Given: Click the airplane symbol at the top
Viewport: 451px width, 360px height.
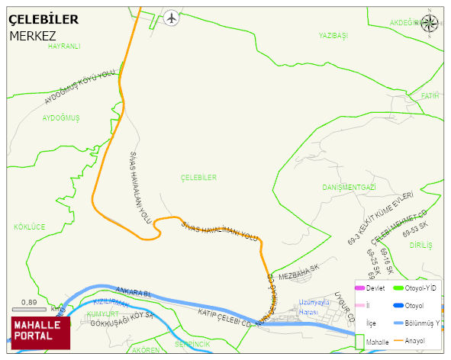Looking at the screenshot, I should pyautogui.click(x=172, y=17).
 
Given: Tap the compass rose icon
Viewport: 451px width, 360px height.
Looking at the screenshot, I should pyautogui.click(x=431, y=24).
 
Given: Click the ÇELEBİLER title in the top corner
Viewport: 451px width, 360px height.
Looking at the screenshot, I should pyautogui.click(x=43, y=20).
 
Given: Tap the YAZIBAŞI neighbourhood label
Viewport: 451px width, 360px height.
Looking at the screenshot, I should pyautogui.click(x=333, y=36).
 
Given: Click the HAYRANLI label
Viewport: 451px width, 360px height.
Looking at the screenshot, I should pyautogui.click(x=64, y=47).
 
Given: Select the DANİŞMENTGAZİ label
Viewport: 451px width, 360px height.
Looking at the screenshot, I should pyautogui.click(x=349, y=188).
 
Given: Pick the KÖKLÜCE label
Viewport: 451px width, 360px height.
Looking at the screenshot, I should pyautogui.click(x=30, y=227).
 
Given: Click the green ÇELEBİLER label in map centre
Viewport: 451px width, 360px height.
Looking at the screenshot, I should pyautogui.click(x=198, y=178).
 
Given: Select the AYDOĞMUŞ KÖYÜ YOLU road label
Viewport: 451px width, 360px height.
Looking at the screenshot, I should pyautogui.click(x=79, y=86).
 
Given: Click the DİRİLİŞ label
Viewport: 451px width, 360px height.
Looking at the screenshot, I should pyautogui.click(x=420, y=246).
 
